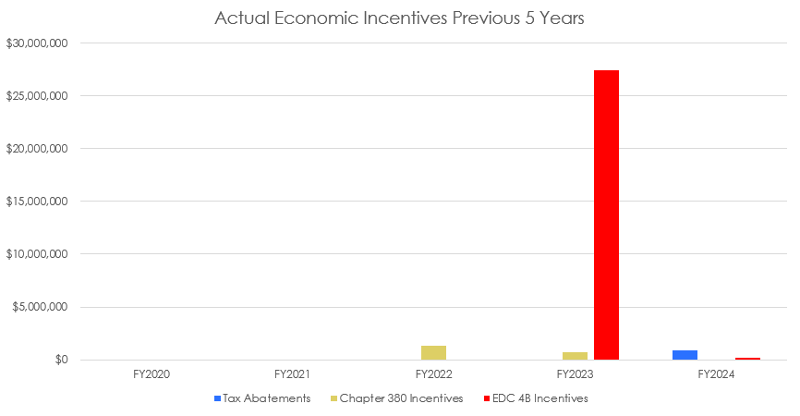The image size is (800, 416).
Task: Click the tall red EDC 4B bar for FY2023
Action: pyautogui.click(x=606, y=214)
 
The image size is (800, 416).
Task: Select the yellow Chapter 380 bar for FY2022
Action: pyautogui.click(x=433, y=352)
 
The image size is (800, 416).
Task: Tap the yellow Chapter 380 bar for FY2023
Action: pyautogui.click(x=575, y=356)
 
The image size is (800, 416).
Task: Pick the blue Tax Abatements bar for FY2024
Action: pyautogui.click(x=685, y=355)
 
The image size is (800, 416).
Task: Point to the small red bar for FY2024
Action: pyautogui.click(x=747, y=359)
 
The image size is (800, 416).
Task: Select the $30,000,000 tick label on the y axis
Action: pyautogui.click(x=37, y=43)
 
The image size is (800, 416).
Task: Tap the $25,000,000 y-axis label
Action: pyautogui.click(x=37, y=96)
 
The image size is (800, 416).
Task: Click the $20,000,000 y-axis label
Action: pyautogui.click(x=37, y=149)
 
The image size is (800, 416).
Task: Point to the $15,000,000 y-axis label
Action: pyautogui.click(x=37, y=202)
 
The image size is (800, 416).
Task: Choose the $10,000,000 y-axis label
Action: pyautogui.click(x=37, y=254)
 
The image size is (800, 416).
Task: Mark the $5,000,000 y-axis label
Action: pyautogui.click(x=40, y=307)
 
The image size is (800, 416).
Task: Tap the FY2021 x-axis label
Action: pyautogui.click(x=293, y=375)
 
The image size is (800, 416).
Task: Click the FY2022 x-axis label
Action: pyautogui.click(x=433, y=375)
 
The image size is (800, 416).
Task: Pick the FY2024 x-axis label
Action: pyautogui.click(x=716, y=375)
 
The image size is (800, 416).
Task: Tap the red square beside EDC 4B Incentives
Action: pyautogui.click(x=487, y=398)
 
